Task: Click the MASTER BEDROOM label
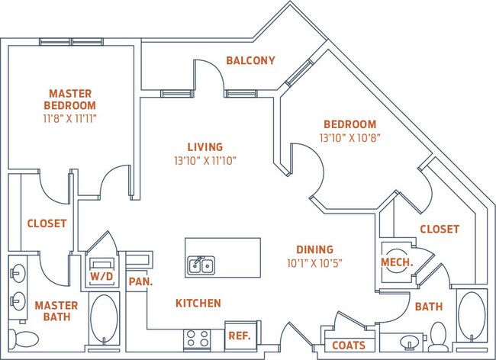coord(69,99)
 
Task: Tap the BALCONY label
coord(250,60)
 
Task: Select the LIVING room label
coord(205,146)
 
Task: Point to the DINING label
coord(315,249)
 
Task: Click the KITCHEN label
coord(198,303)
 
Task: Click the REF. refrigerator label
coord(240,335)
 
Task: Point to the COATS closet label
coord(348,346)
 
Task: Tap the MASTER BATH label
coord(50,310)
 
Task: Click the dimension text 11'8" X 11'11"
coord(69,119)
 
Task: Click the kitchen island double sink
coord(202,265)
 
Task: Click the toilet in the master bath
coord(27,338)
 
